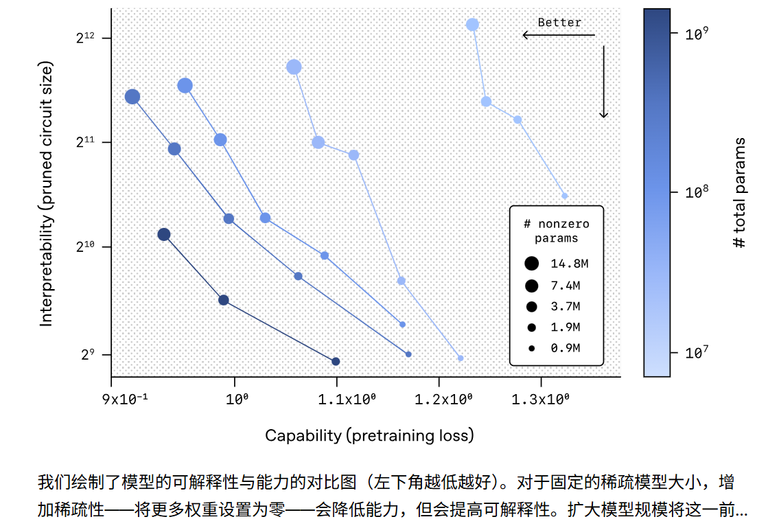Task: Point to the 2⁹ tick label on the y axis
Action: [86, 355]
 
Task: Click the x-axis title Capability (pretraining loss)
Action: [369, 435]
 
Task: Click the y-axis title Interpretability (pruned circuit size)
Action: [46, 194]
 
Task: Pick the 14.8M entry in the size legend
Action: [565, 263]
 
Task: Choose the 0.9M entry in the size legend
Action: [565, 348]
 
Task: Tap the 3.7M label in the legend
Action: [565, 306]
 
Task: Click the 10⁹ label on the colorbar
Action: [696, 33]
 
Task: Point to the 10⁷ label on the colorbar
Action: [696, 353]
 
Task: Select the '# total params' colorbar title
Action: [739, 193]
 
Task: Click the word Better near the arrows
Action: [559, 23]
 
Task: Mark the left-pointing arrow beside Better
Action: [557, 35]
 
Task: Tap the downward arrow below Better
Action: [604, 82]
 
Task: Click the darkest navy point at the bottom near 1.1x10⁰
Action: [336, 361]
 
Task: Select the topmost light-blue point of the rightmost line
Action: [472, 25]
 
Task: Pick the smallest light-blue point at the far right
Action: [565, 196]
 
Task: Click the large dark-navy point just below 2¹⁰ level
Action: [164, 235]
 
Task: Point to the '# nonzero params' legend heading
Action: [557, 231]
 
